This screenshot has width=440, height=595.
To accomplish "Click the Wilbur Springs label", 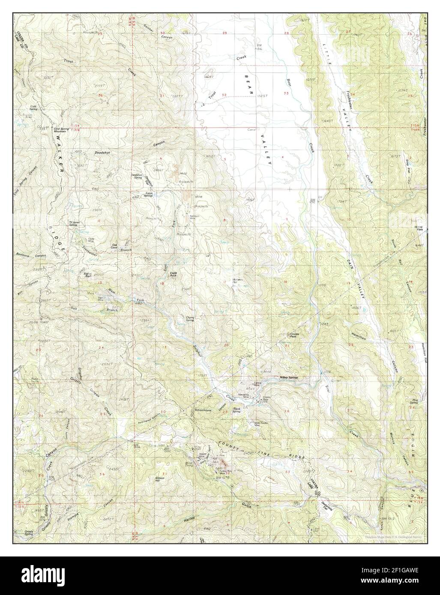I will click(288, 378).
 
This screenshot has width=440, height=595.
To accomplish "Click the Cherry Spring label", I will click(190, 318).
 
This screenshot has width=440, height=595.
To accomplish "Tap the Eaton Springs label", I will click(149, 194).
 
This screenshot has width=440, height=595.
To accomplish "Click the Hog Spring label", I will click(414, 402).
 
